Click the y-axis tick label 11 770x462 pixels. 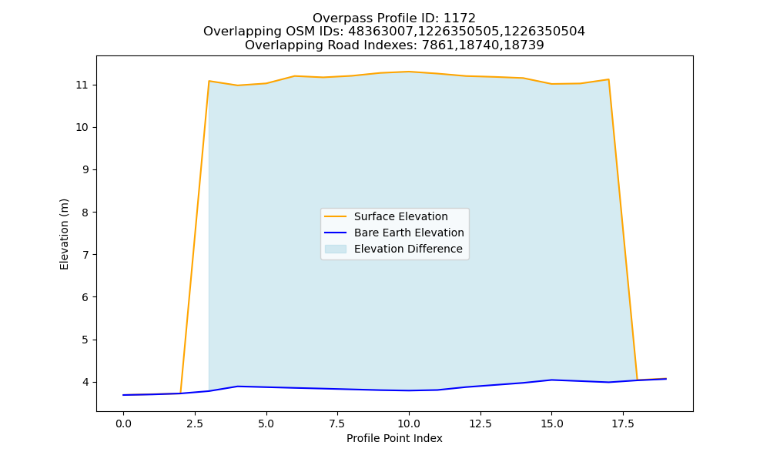[x=82, y=85]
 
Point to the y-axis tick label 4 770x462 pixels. [x=85, y=383]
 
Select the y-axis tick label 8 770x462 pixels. [x=85, y=213]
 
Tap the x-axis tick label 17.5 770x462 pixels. [x=623, y=423]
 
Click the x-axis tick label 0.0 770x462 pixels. [x=123, y=423]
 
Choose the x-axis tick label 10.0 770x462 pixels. [x=409, y=423]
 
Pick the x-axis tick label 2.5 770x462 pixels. [x=195, y=423]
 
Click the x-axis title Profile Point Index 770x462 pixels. [x=394, y=438]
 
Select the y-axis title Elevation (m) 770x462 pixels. [x=65, y=234]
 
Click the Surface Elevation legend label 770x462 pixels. [x=400, y=216]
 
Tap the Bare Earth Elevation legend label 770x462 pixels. [x=409, y=233]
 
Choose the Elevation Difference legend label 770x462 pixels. [x=408, y=249]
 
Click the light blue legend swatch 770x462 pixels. [x=336, y=249]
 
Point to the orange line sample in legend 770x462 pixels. [x=336, y=216]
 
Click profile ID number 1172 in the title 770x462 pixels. [x=460, y=18]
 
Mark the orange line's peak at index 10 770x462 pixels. [x=409, y=72]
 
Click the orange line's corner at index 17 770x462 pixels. [x=608, y=79]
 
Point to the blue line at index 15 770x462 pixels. [x=551, y=380]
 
